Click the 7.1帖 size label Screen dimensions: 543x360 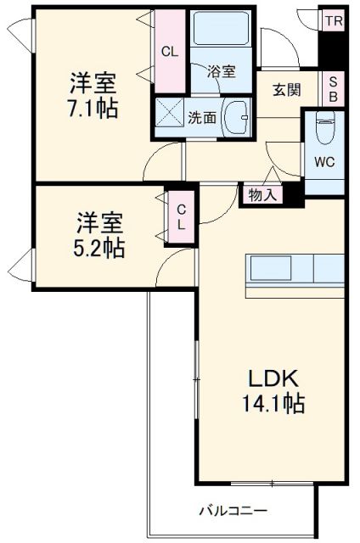[x=93, y=109]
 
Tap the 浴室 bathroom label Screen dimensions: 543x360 [x=222, y=72]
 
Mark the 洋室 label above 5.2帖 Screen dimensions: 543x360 [x=101, y=223]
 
